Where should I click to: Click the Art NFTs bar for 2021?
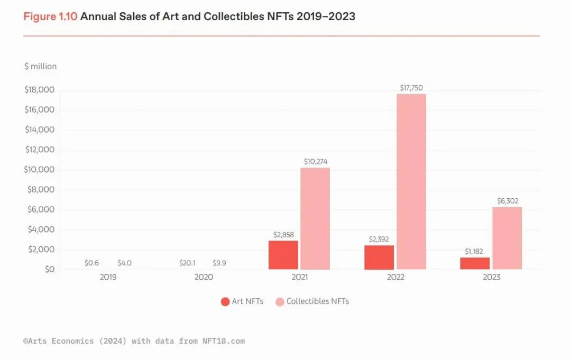[283, 255]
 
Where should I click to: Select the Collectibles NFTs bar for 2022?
[411, 182]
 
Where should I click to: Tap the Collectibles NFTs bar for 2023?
[507, 238]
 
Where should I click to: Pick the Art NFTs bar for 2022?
[379, 257]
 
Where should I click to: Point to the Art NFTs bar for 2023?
[475, 263]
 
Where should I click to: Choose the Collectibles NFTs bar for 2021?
[315, 219]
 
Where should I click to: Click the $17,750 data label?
[411, 88]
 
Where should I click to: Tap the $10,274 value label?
[315, 161]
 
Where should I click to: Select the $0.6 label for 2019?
[92, 263]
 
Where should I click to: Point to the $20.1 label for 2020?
[188, 263]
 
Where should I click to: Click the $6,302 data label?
[507, 201]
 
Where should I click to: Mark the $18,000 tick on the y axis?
[40, 90]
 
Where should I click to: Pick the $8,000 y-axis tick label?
[40, 190]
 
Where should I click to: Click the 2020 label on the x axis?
[204, 277]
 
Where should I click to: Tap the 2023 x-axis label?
[491, 277]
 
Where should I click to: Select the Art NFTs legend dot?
[225, 302]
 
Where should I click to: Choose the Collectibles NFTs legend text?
[317, 301]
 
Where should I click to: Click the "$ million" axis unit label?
[41, 67]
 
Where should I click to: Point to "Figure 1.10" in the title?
[50, 16]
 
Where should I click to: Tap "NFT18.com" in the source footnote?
[223, 341]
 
